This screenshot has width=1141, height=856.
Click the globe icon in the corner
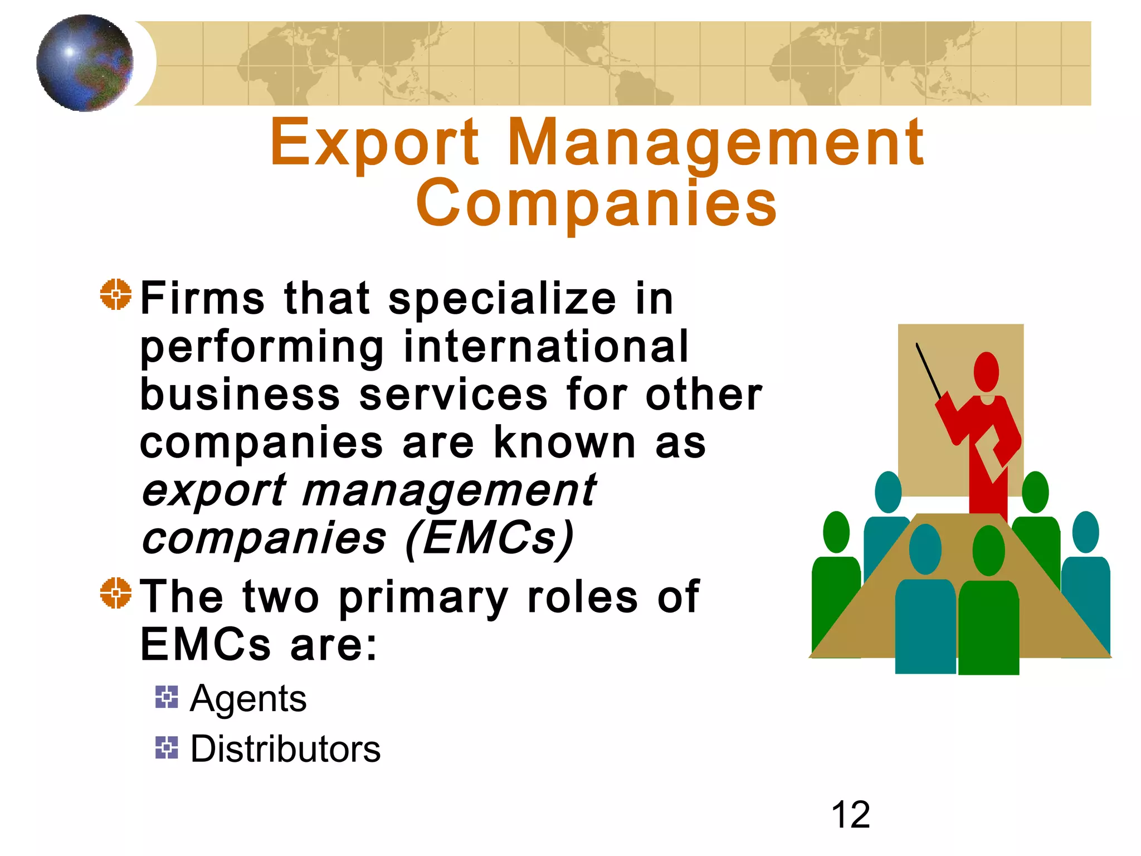85,63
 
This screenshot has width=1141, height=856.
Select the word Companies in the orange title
596,204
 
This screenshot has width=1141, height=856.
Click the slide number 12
850,815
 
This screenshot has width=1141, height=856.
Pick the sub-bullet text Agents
248,698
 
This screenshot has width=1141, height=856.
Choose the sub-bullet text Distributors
285,748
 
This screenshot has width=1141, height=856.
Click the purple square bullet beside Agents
167,697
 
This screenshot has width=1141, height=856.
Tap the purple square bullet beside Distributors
167,747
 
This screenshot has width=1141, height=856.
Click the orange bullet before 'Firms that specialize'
116,294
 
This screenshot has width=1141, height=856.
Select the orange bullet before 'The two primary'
116,592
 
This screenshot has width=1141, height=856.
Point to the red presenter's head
986,372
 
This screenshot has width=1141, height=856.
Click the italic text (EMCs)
489,538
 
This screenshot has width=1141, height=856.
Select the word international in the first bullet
546,347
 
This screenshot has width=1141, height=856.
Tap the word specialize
503,299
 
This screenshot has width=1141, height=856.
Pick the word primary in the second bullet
423,597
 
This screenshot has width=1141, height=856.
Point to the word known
565,443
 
